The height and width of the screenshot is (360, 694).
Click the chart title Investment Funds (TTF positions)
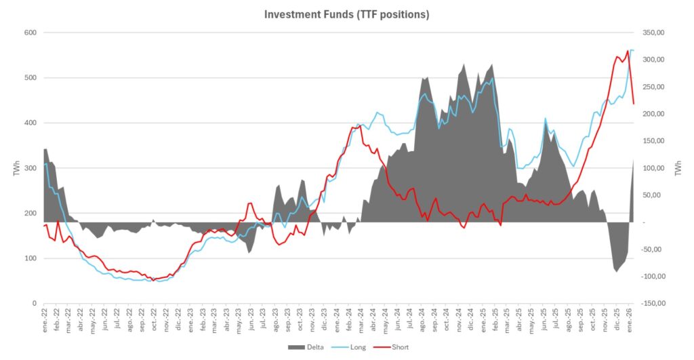(346, 14)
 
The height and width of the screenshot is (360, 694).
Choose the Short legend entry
(401, 347)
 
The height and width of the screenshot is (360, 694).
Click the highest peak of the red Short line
(628, 50)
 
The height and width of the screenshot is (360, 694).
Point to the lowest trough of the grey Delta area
(616, 272)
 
